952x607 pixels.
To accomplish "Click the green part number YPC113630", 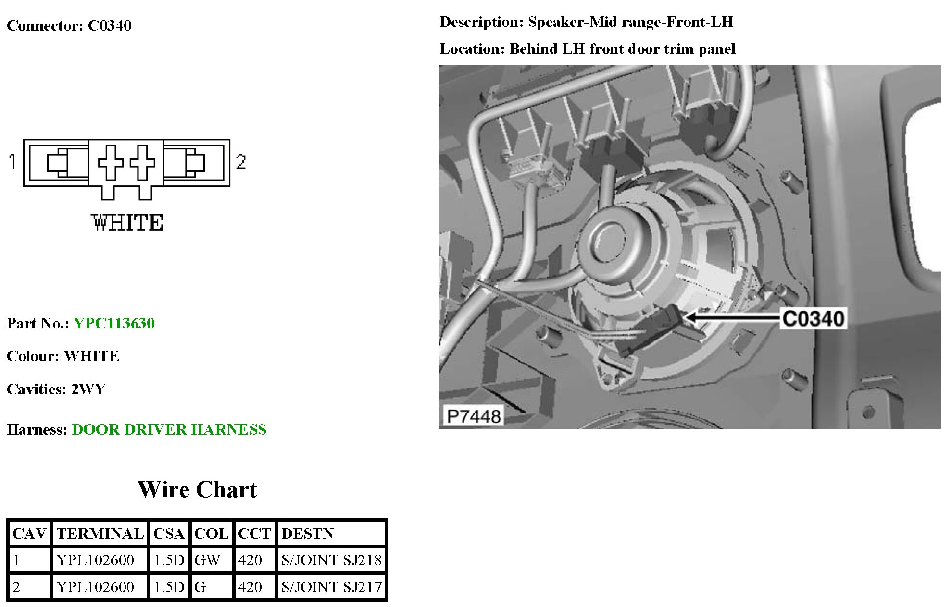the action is tap(114, 323).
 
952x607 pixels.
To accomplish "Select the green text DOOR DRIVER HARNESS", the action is tap(169, 429).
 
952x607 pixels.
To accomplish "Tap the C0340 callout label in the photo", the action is tap(813, 319).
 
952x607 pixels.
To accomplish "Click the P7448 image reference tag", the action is tap(474, 416).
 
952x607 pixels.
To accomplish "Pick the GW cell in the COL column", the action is tap(207, 560).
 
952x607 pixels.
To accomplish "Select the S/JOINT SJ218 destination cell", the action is tap(331, 560).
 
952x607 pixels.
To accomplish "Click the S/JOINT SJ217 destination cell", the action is tap(331, 587).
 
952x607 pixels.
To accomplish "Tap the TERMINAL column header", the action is tap(100, 534).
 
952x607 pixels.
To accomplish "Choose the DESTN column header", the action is tap(308, 534).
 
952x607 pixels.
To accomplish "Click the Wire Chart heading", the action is tap(197, 489).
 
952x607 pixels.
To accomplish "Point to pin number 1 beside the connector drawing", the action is tap(12, 161).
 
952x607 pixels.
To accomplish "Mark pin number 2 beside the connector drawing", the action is tap(241, 162).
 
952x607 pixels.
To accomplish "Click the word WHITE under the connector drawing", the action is tap(127, 223).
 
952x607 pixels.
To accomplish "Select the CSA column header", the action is tap(169, 534).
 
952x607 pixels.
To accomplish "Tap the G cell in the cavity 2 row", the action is tap(200, 587).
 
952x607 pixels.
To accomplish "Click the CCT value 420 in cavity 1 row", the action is tap(250, 560).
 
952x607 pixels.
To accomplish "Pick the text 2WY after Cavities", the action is tap(88, 389).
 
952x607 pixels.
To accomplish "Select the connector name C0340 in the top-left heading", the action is tap(110, 25).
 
